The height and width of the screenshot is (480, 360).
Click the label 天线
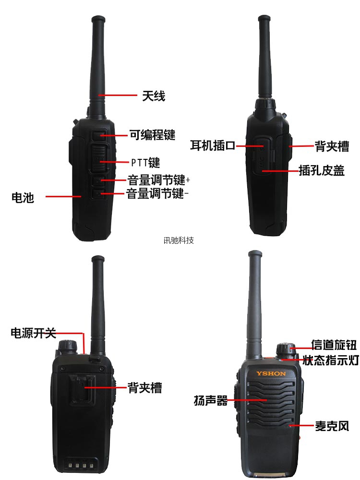(154, 96)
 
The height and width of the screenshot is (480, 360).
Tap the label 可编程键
(153, 135)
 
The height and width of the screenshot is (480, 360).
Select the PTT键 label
(145, 163)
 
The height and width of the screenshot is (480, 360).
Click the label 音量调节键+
(158, 180)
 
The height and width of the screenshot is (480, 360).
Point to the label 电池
(23, 197)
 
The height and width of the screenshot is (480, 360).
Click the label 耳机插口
(213, 145)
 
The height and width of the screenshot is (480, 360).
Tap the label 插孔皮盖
(322, 170)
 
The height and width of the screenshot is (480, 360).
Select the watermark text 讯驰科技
(179, 240)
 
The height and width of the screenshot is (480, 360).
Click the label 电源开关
(34, 333)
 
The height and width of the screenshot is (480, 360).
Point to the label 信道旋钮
(334, 345)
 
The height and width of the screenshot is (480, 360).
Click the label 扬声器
(211, 400)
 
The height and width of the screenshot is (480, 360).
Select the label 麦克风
(332, 426)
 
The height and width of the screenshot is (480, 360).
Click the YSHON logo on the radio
(271, 373)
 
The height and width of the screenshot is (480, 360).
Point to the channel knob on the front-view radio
(286, 349)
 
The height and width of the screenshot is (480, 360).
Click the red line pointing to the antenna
(118, 96)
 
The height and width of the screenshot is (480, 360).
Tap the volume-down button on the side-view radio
(98, 194)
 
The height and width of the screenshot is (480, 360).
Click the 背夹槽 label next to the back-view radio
(145, 388)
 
